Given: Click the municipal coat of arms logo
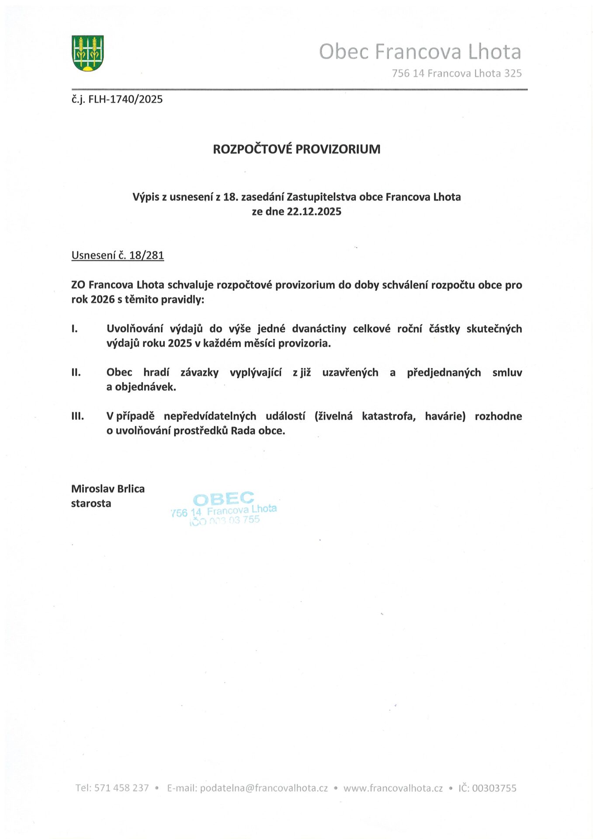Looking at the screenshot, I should click(x=87, y=53).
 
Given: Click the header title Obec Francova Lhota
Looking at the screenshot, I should click(x=420, y=52).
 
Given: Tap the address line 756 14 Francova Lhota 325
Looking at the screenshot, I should click(x=457, y=73).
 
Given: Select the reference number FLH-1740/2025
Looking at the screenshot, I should click(x=125, y=99).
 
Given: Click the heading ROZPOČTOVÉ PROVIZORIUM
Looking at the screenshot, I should click(x=296, y=149).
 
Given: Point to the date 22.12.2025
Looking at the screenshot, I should click(x=314, y=211).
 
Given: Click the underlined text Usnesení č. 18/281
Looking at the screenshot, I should click(x=118, y=255).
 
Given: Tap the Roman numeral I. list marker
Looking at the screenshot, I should click(x=75, y=329).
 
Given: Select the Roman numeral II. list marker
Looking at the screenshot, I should click(x=76, y=372).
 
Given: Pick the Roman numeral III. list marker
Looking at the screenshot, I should click(x=78, y=416).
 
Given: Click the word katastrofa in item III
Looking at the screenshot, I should click(x=388, y=416).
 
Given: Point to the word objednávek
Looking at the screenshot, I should click(x=146, y=387).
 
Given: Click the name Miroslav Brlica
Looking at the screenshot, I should click(x=108, y=489).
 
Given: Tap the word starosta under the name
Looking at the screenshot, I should click(x=91, y=503).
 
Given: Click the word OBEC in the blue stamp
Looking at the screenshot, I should click(x=223, y=499).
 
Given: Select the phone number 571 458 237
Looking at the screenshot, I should click(x=121, y=788).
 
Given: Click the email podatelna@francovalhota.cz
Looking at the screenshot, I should click(x=264, y=788).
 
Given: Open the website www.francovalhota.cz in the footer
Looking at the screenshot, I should click(x=393, y=788).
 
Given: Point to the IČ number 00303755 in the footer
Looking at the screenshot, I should click(x=494, y=788).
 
